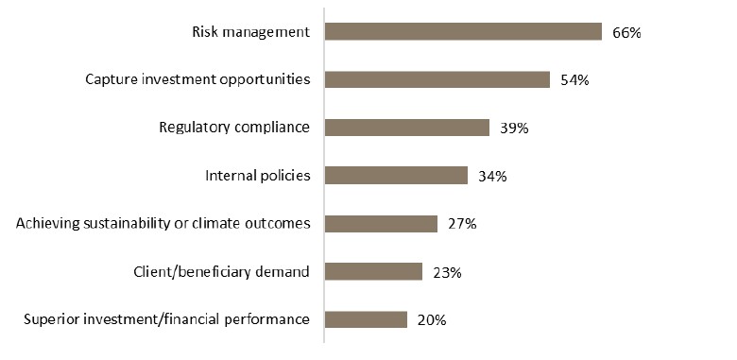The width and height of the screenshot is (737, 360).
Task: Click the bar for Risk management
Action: pos(463,32)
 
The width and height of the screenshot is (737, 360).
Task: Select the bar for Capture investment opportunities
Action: pos(437,79)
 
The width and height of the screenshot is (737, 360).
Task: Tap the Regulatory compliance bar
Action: pos(406,128)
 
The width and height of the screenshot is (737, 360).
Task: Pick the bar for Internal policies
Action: pos(396,176)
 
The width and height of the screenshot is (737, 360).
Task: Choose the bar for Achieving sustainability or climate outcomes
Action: pos(381,224)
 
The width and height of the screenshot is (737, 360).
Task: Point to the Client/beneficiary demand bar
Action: pos(373,272)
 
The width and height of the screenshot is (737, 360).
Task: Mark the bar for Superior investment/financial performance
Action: pos(366,319)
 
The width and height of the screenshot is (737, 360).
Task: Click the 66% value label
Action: pos(626,33)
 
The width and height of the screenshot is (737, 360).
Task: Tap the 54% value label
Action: pos(574,80)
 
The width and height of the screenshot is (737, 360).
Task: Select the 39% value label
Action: pos(513,129)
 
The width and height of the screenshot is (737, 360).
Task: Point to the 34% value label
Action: pos(492,177)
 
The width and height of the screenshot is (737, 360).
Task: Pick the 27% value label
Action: pos(462,225)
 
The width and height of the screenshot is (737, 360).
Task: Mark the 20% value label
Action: pos(431,320)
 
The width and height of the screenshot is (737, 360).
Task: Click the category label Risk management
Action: pos(250,32)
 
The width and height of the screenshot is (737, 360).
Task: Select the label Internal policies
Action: pos(258,176)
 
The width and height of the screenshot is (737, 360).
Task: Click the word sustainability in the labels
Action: pos(118,224)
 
